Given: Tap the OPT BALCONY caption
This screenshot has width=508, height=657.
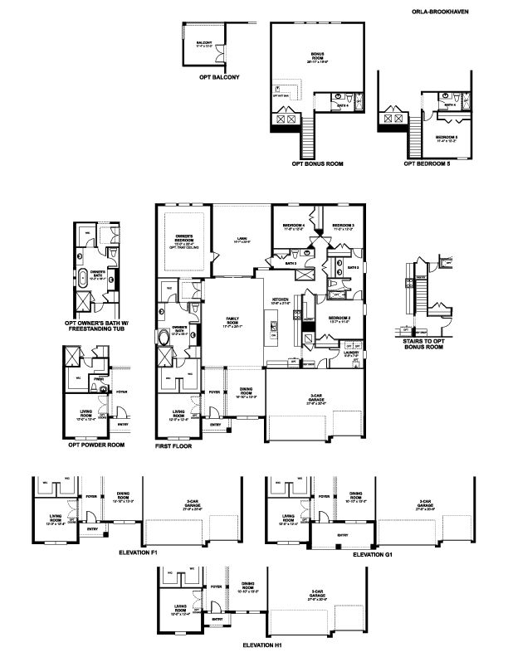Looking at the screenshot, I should tap(219, 77).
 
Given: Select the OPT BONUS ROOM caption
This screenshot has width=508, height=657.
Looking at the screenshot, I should tap(317, 163).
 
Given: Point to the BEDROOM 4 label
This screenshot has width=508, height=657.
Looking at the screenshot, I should tap(293, 226).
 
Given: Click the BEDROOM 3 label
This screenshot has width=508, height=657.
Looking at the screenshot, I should tap(343, 226).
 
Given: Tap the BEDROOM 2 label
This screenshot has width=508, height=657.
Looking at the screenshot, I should tap(338, 319).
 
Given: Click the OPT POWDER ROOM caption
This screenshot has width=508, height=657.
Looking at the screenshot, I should tap(96, 445).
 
